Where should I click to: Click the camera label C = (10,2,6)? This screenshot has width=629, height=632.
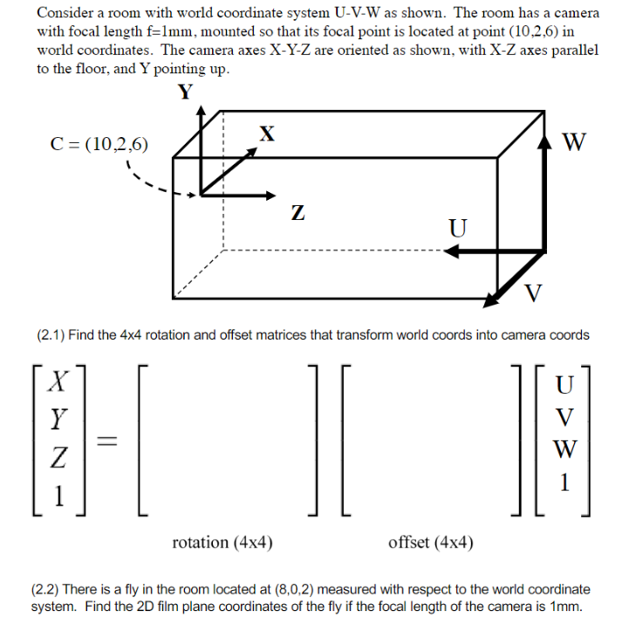[x=98, y=144]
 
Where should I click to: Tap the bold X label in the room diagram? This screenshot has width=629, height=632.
[x=268, y=134]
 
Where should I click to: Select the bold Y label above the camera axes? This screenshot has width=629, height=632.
[x=184, y=93]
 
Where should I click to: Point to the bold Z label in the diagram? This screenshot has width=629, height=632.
[x=297, y=212]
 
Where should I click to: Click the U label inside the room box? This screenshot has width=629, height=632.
[x=457, y=229]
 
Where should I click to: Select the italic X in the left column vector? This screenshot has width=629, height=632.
[x=59, y=381]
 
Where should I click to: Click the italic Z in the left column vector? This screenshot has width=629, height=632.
[x=58, y=457]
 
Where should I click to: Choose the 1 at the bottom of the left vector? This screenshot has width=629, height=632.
[x=58, y=495]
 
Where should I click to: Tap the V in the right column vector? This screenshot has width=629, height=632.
[x=564, y=417]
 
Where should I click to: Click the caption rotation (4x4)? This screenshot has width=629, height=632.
[x=222, y=543]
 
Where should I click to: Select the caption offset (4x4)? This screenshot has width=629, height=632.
[x=431, y=543]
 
